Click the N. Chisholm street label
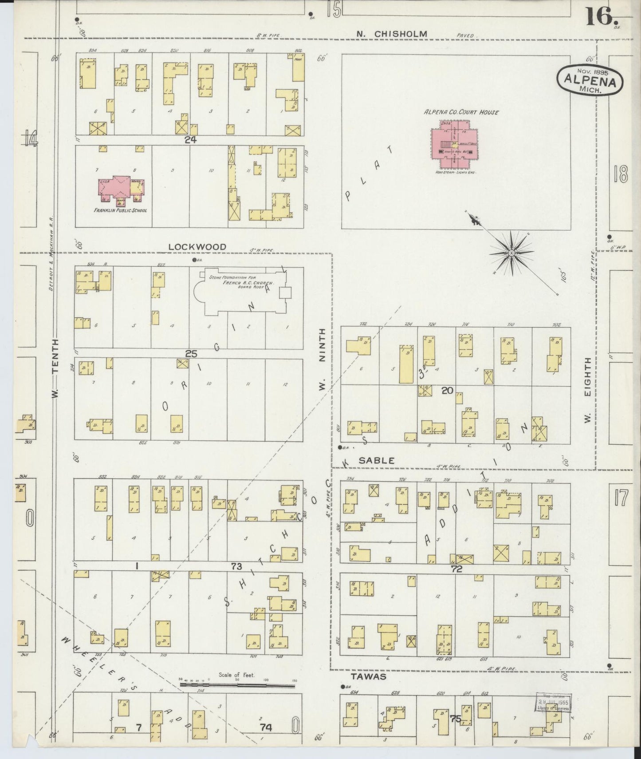point(393,34)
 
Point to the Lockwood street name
point(197,247)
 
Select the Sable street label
point(376,461)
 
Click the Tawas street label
point(368,676)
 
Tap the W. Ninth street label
point(322,360)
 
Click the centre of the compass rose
point(511,253)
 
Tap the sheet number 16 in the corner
point(602,17)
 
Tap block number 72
point(456,569)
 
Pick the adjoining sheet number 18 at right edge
point(621,176)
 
